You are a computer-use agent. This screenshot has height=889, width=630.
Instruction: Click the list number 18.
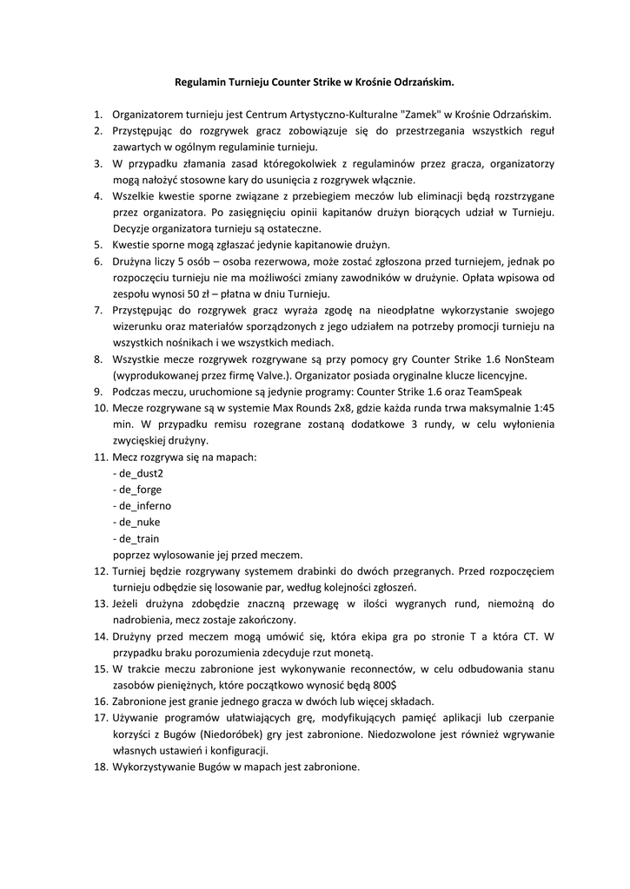[x=99, y=767]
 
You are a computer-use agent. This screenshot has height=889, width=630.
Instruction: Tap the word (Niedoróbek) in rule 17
[x=221, y=734]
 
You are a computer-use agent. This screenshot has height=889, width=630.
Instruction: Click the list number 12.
[x=99, y=571]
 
